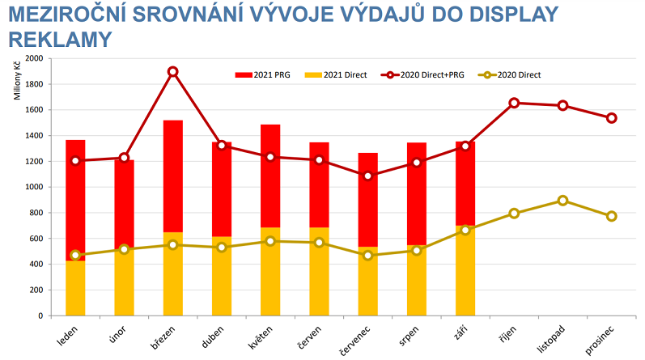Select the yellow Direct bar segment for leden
pos(75,288)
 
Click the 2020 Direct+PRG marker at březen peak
pos(172,72)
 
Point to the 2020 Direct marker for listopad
pos(562,201)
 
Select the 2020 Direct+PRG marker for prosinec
pos(612,118)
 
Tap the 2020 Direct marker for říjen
pos(514,214)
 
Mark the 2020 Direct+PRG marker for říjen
pos(514,103)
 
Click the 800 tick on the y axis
pos(38,213)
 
